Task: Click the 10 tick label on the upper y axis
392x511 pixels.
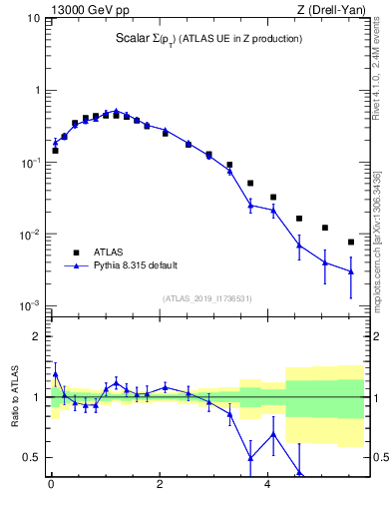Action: point(33,19)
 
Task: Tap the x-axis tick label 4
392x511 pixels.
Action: point(268,489)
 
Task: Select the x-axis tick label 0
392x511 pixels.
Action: point(52,489)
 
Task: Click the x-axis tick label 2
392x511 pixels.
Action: point(160,489)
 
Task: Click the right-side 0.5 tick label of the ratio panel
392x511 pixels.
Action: point(379,458)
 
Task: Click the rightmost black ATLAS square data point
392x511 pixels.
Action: point(351,242)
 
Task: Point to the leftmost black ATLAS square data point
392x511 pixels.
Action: point(55,151)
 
